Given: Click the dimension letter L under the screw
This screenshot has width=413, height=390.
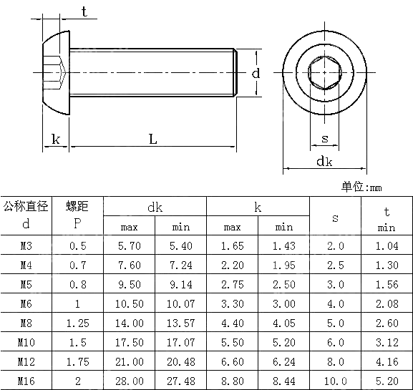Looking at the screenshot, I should point(152,139).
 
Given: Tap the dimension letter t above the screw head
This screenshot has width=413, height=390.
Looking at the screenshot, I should point(84,11).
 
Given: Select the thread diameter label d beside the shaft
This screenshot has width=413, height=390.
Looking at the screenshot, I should point(256,73).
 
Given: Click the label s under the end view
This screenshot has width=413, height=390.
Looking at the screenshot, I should point(324,139).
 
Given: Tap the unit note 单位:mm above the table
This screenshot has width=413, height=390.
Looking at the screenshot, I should point(362,187).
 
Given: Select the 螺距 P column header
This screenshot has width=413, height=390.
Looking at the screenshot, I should point(77,215).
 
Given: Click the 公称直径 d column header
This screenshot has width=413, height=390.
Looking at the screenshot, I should point(26,215).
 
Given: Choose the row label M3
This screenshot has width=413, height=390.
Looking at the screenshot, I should point(26,246).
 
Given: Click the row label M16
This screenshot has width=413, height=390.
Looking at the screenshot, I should point(26,381).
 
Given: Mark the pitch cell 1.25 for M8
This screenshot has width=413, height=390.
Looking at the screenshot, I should point(77,323).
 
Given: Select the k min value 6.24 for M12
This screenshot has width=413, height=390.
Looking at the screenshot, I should point(283,361).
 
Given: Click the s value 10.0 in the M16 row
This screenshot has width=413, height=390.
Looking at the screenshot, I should point(335,381).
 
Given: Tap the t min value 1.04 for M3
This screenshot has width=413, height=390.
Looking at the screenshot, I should point(387,246).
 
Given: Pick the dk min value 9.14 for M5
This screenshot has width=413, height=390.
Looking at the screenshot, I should point(180,285).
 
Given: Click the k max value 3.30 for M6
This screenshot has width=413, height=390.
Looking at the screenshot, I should point(232,304).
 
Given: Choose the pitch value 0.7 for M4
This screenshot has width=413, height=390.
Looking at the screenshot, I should point(77,265).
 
